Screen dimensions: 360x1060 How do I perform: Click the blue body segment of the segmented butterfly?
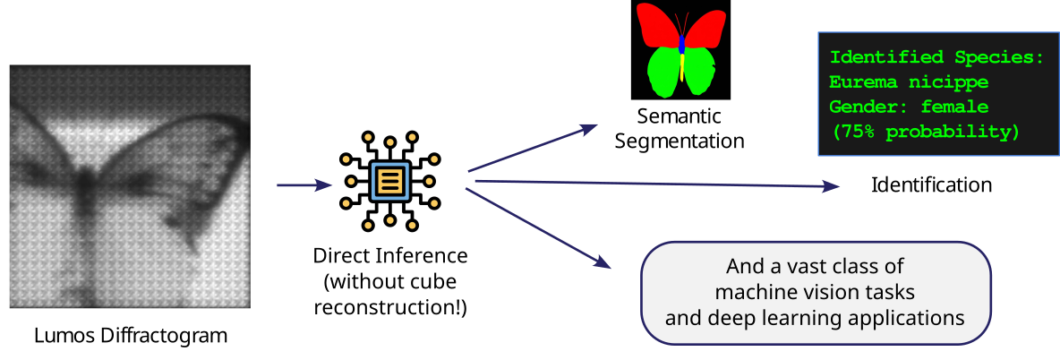(x=682, y=44)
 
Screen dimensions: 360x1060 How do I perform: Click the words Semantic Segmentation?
(x=680, y=129)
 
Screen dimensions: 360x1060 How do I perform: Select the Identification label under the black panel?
(x=931, y=185)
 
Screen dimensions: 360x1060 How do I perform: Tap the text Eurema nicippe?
(x=909, y=82)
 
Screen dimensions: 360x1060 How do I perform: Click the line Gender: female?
(x=909, y=107)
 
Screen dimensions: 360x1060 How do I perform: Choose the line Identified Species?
(x=936, y=57)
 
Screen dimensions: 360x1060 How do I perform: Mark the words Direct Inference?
(x=390, y=256)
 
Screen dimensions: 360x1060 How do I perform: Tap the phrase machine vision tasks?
(x=814, y=292)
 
